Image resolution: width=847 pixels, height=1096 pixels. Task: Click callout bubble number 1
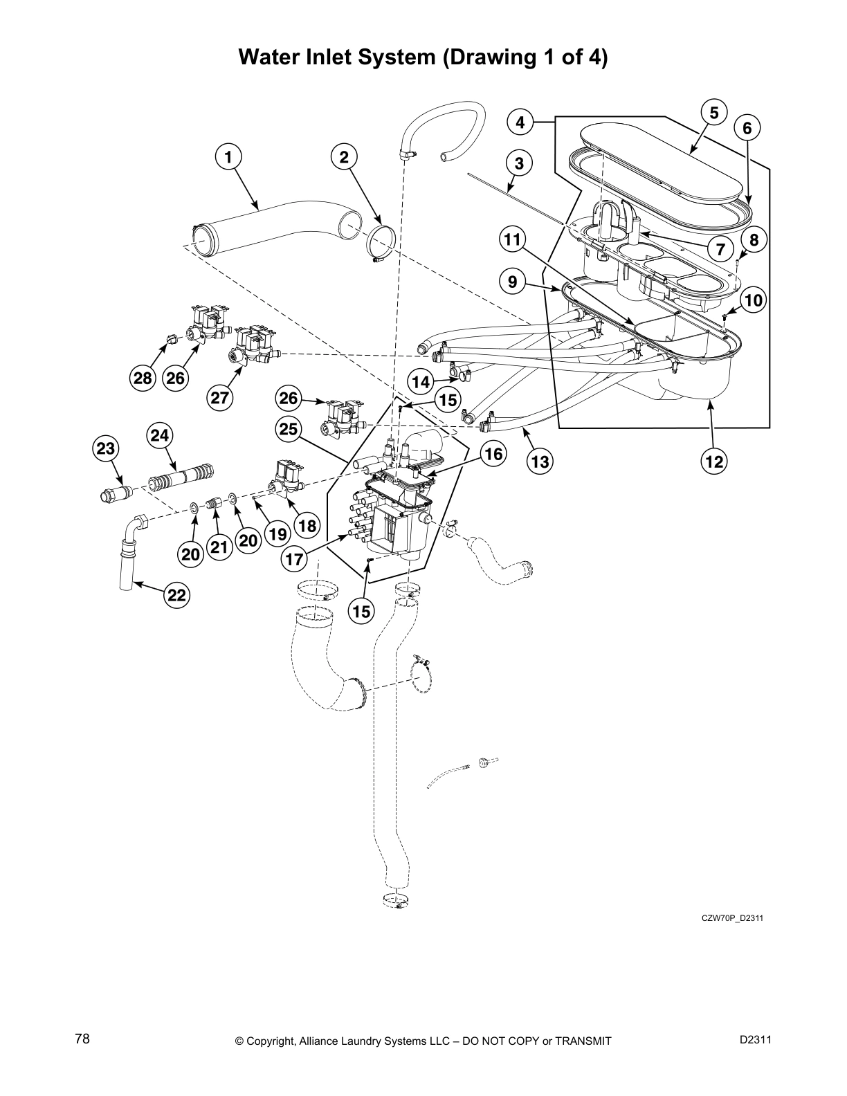(228, 157)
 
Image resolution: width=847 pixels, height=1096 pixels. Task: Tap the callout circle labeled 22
(177, 595)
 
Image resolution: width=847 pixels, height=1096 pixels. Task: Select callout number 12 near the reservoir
(715, 461)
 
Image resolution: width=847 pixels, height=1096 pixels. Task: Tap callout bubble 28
(143, 378)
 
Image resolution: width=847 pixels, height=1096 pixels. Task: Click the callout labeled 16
(493, 454)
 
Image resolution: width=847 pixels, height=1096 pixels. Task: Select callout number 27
(221, 398)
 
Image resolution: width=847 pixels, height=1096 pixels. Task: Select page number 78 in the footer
(82, 1039)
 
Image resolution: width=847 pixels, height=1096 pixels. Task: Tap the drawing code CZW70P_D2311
(732, 919)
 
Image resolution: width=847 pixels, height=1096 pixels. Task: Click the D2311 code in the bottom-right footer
(755, 1039)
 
